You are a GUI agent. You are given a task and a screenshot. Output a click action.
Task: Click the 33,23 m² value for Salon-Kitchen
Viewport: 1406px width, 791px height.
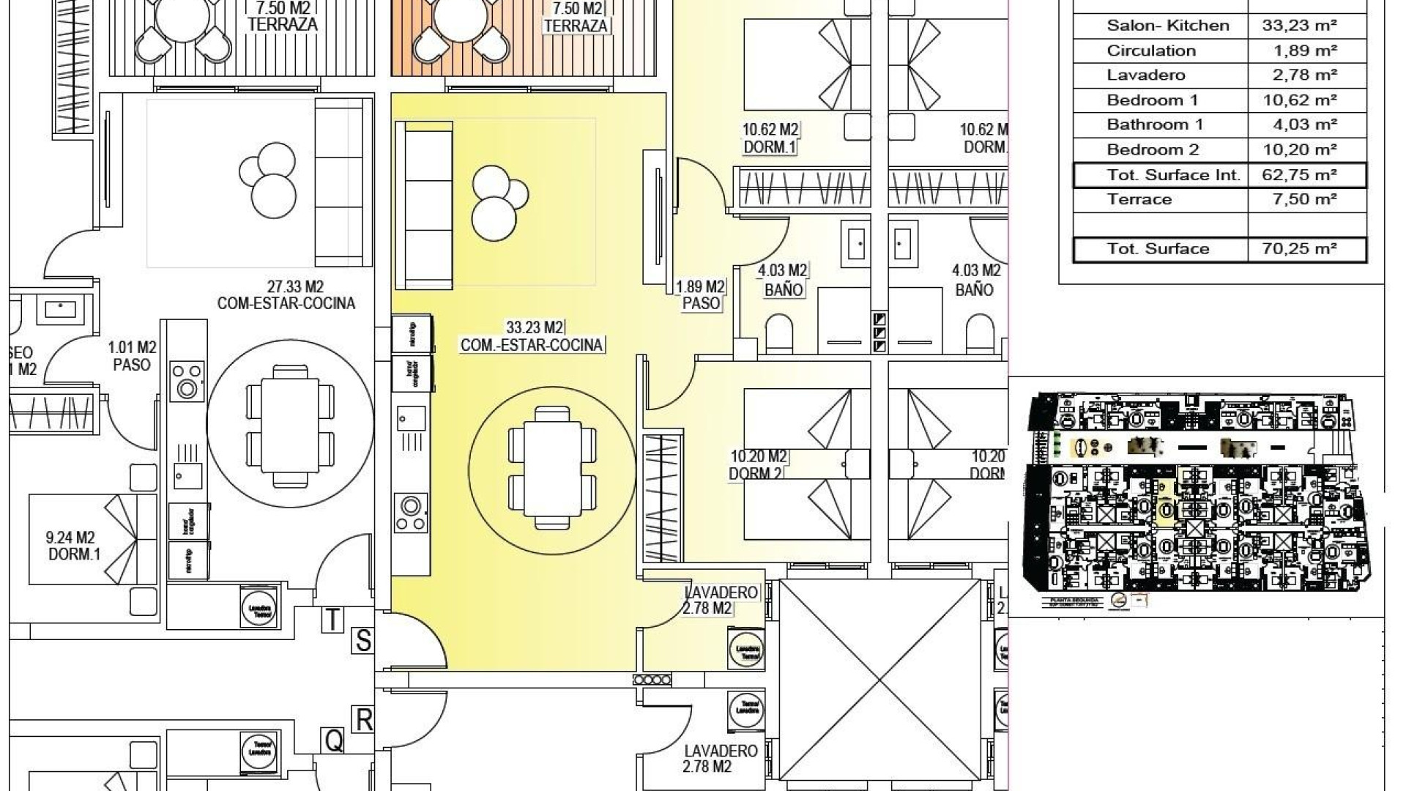1299,26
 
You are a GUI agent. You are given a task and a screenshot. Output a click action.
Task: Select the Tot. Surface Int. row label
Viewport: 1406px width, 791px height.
1173,175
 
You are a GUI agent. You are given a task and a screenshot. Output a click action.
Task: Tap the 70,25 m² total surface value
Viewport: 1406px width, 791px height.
1299,249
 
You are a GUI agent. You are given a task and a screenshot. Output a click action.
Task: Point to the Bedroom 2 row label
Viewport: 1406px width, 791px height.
1153,150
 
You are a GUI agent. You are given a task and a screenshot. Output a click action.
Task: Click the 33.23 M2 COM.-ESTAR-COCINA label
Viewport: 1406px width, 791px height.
532,336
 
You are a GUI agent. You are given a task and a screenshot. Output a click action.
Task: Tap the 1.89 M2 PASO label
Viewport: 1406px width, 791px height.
700,294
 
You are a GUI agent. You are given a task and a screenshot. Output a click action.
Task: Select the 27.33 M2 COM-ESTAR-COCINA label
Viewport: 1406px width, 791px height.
286,294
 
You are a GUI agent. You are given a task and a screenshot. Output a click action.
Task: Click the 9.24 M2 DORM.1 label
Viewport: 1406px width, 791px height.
75,546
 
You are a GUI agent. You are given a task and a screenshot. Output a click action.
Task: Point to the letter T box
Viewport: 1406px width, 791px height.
332,620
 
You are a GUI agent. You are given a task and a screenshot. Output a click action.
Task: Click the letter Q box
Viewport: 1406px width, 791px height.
333,741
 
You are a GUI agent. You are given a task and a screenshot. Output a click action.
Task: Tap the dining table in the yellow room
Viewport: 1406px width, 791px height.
552,467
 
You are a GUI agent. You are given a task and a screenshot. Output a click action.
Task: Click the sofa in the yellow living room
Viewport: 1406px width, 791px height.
423,205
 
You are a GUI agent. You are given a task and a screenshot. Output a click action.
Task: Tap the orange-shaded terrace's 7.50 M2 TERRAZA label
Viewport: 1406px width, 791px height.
576,17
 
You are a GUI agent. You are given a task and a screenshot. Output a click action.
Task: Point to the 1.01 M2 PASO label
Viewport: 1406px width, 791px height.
132,355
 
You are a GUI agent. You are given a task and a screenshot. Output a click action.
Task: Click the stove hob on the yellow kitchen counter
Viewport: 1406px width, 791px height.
410,512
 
